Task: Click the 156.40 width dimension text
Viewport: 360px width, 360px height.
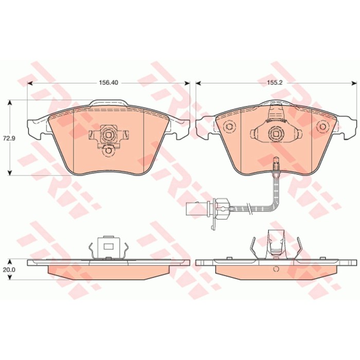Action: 109,82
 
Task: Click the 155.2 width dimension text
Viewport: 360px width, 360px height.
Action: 274,82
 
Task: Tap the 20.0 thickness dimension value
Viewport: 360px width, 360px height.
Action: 9,270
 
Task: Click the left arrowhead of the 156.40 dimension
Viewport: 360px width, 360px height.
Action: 30,83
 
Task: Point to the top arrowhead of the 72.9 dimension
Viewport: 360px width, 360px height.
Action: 10,102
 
